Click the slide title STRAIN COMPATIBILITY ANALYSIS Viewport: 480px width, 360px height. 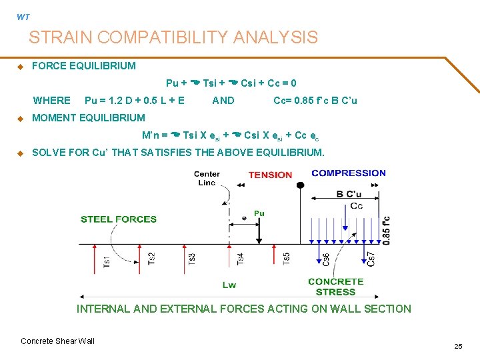click(x=173, y=37)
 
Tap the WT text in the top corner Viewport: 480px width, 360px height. click(x=23, y=17)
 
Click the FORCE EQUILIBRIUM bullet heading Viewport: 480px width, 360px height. click(x=83, y=66)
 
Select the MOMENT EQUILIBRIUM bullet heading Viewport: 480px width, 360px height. click(x=88, y=118)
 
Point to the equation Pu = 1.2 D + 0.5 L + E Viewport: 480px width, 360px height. click(x=135, y=101)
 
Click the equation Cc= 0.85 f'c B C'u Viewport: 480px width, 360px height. click(x=315, y=101)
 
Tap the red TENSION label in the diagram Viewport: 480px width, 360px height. click(x=270, y=175)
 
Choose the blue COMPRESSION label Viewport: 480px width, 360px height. click(x=349, y=173)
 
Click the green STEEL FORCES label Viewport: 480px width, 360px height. click(x=119, y=219)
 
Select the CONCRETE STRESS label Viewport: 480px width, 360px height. click(x=335, y=287)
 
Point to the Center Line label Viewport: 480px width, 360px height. click(x=207, y=178)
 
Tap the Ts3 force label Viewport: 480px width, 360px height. click(x=192, y=259)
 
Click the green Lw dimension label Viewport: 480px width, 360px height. click(x=229, y=285)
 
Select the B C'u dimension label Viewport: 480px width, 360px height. click(x=349, y=195)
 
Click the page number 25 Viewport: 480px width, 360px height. click(x=458, y=346)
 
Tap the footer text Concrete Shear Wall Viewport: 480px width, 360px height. click(x=58, y=341)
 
